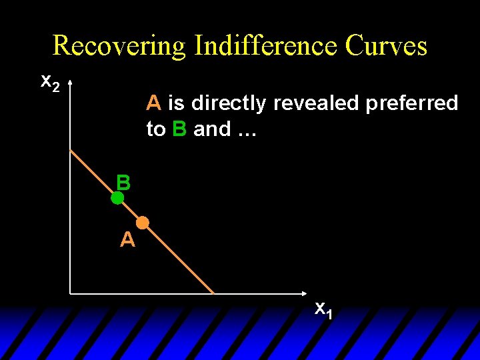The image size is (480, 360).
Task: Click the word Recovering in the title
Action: pos(119,45)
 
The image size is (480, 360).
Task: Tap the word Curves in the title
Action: pos(386,45)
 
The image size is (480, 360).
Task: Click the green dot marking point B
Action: pos(117,198)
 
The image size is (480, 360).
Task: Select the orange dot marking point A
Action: pos(143,223)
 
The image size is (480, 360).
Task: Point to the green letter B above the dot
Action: pos(123,182)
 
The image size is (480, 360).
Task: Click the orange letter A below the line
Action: pos(127,239)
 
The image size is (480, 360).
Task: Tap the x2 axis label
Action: pos(50,82)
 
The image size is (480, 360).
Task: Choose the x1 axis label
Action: pos(323,309)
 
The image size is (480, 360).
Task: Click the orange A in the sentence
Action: pos(154,103)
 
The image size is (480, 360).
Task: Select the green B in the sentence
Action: pos(179,129)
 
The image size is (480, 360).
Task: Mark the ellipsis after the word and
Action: pos(244,129)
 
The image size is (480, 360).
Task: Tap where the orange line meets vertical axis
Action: pos(71,150)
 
